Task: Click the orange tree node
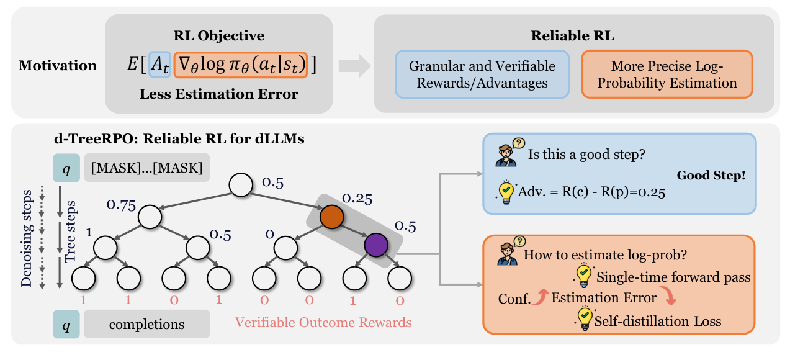[x=332, y=218]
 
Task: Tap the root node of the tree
[x=241, y=184]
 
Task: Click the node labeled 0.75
[x=150, y=218]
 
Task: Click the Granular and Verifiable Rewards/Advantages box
[x=482, y=74]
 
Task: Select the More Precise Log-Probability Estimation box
[x=667, y=74]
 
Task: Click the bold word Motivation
[x=58, y=66]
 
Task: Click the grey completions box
[x=147, y=324]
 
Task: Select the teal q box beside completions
[x=66, y=324]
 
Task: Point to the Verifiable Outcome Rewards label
[x=323, y=322]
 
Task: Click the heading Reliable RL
[x=572, y=36]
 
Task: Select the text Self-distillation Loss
[x=657, y=321]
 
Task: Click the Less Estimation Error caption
[x=219, y=94]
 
